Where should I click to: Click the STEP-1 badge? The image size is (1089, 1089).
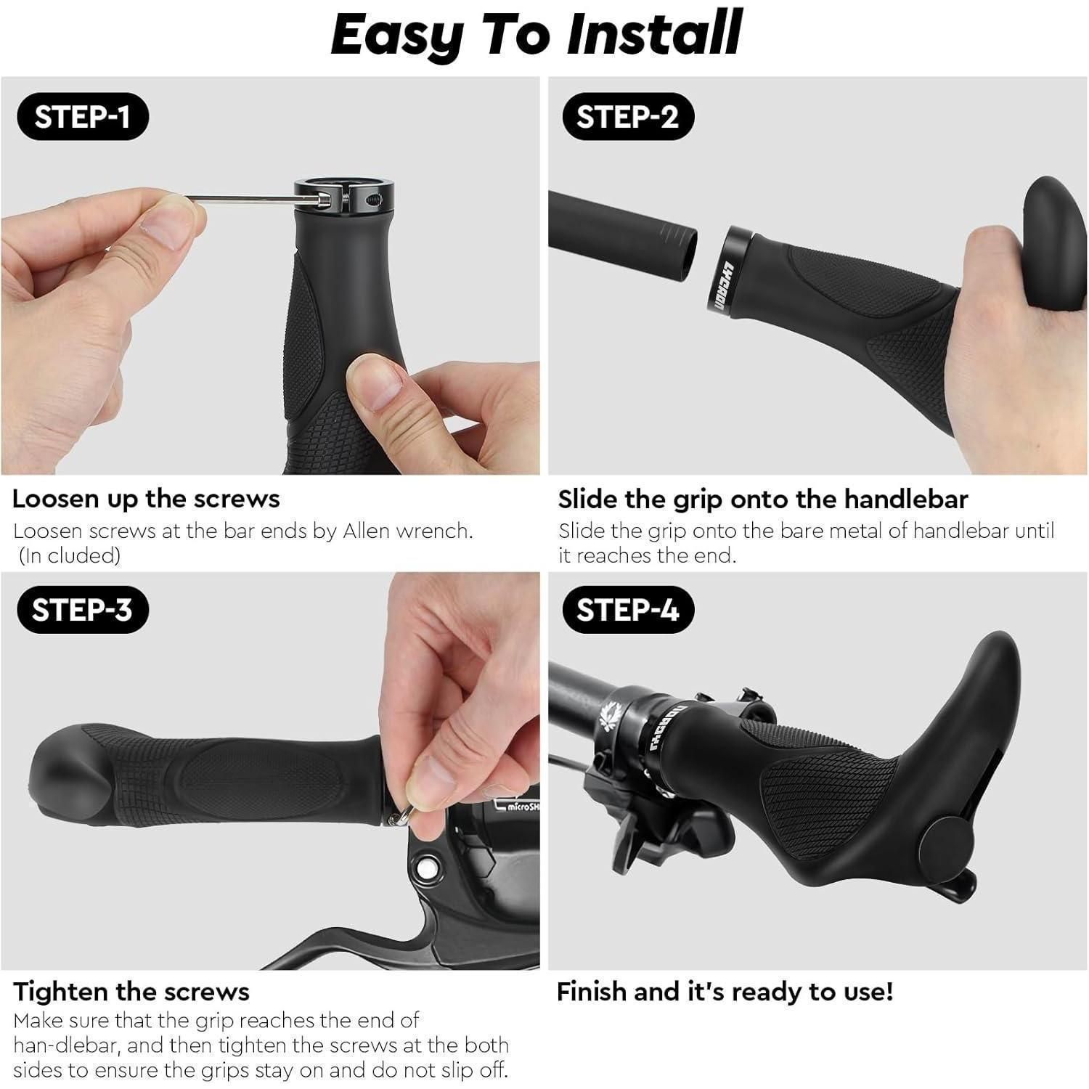pyautogui.click(x=82, y=116)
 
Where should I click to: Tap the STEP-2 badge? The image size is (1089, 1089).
pyautogui.click(x=628, y=116)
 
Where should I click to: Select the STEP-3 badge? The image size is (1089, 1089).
pyautogui.click(x=82, y=609)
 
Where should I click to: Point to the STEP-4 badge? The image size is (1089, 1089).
pyautogui.click(x=628, y=609)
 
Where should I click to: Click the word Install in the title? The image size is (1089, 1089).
pyautogui.click(x=654, y=34)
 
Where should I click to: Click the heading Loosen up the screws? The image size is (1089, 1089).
pyautogui.click(x=146, y=499)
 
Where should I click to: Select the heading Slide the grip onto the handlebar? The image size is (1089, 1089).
pyautogui.click(x=763, y=499)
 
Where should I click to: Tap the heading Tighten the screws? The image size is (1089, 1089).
pyautogui.click(x=131, y=992)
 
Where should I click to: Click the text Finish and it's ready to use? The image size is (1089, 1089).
pyautogui.click(x=725, y=992)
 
